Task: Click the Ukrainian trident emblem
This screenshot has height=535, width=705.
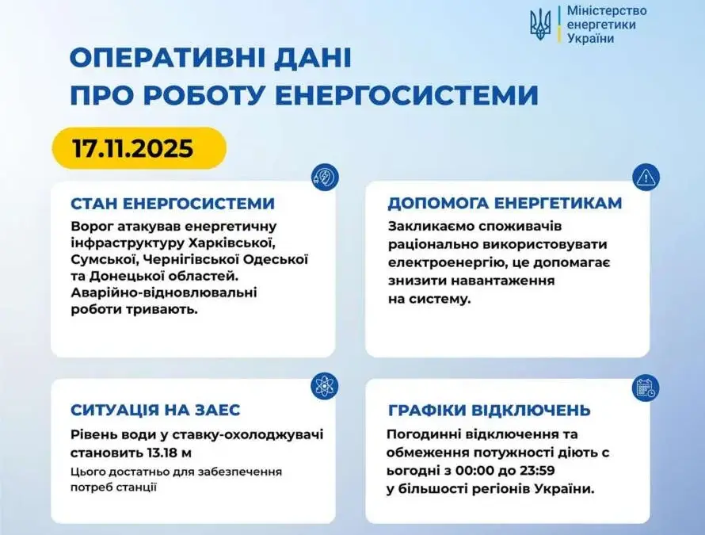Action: (540, 25)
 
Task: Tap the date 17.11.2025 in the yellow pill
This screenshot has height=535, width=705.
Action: (133, 148)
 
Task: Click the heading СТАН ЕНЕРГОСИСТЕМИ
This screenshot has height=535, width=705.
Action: (173, 204)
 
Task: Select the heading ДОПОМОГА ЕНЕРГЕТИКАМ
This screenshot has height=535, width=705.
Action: (505, 203)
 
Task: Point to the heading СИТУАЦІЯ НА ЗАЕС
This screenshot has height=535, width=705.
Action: (155, 410)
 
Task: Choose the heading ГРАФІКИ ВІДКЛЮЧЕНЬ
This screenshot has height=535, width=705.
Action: (490, 411)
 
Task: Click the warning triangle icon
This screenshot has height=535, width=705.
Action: (646, 178)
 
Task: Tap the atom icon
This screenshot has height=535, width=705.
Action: (324, 386)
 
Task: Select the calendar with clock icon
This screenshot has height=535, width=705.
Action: (646, 388)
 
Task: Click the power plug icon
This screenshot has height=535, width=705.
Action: (325, 178)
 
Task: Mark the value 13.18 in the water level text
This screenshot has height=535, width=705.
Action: (161, 453)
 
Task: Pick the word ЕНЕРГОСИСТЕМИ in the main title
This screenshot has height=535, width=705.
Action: (406, 95)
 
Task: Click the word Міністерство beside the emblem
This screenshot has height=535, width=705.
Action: (607, 10)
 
